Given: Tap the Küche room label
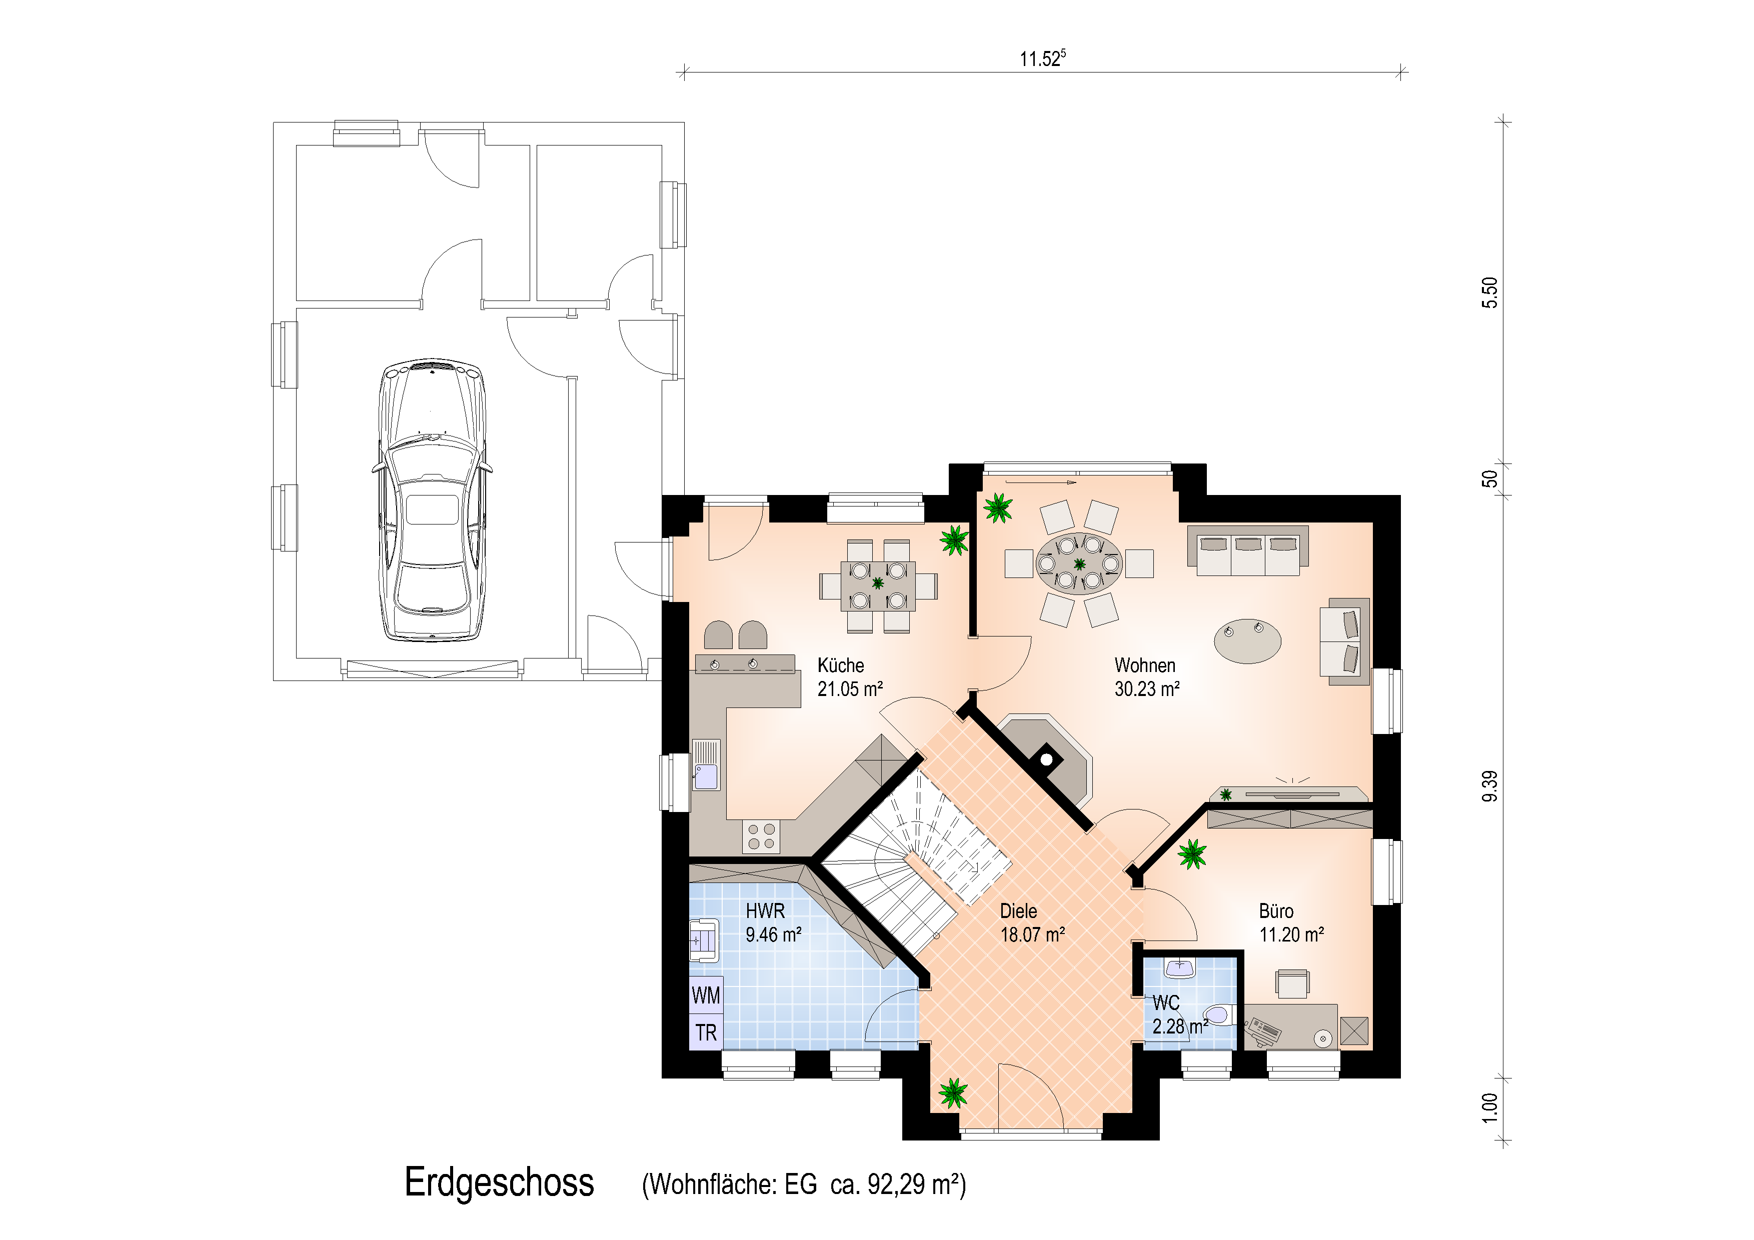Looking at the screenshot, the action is coord(840,665).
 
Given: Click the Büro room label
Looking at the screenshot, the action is coord(1276,911).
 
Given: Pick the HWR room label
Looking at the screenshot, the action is coord(765,911).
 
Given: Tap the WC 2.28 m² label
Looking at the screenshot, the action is coord(1179,1015).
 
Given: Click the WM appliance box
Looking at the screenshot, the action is coord(706,995).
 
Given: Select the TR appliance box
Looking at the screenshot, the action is coord(706,1032).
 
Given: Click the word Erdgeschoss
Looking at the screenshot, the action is coord(499,1182).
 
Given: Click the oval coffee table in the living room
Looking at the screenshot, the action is coord(1247,640).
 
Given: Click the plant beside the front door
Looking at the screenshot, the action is coord(953,1092).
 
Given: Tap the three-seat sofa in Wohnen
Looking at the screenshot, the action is coord(1247,550).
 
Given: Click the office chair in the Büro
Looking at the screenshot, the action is coord(1292,983).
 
